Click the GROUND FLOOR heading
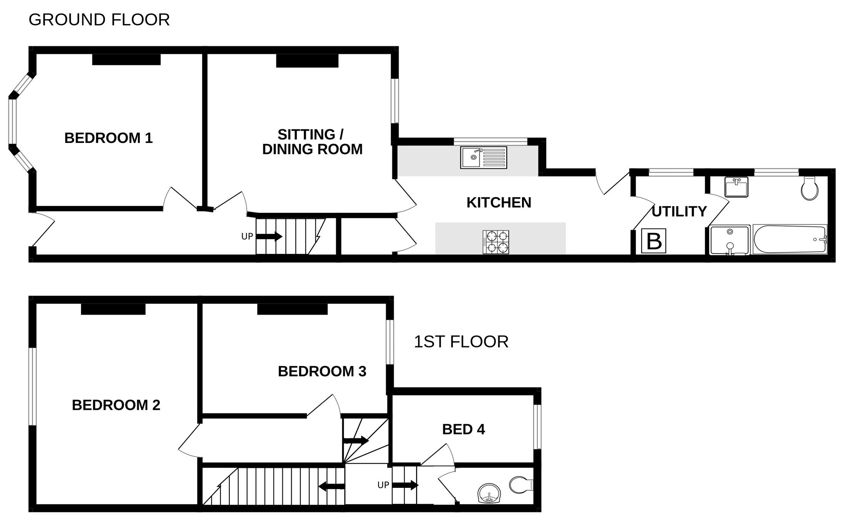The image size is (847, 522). tap(99, 20)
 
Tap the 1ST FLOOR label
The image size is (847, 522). tap(461, 342)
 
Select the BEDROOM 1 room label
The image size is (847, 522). tap(108, 138)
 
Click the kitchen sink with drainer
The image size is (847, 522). tap(484, 157)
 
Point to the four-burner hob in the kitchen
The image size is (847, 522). tap(496, 242)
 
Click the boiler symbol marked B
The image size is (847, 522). tap(654, 241)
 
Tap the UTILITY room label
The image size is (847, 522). tap(679, 212)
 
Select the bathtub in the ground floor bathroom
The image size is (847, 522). tap(790, 239)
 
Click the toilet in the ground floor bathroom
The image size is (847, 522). tap(810, 188)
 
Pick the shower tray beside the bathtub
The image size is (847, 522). tap(730, 240)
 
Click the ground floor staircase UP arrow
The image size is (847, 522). tap(269, 236)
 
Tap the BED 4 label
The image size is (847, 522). tap(463, 429)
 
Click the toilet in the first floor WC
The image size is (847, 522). tap(521, 485)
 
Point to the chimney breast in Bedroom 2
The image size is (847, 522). tap(113, 309)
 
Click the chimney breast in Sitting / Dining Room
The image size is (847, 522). tap(307, 61)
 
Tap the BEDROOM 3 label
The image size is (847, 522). tap(322, 371)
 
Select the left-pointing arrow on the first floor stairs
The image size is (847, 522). tap(332, 487)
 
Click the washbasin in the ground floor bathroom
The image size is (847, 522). tap(736, 187)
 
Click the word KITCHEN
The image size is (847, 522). tap(499, 202)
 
